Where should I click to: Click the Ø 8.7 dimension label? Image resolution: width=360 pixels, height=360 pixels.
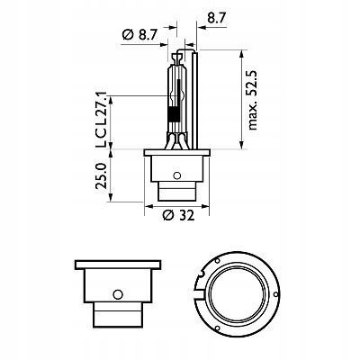pyautogui.click(x=139, y=35)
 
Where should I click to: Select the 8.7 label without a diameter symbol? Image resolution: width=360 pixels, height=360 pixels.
pyautogui.click(x=216, y=18)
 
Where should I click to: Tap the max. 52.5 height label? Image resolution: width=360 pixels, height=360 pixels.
pyautogui.click(x=253, y=100)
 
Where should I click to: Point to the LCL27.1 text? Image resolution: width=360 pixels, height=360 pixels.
pyautogui.click(x=101, y=121)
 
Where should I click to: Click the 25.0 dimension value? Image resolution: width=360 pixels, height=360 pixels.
pyautogui.click(x=101, y=175)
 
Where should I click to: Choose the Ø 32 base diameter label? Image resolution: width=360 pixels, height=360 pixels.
pyautogui.click(x=178, y=215)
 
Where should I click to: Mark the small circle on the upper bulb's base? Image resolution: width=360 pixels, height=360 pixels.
pyautogui.click(x=177, y=175)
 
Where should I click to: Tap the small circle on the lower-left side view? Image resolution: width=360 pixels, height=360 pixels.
pyautogui.click(x=118, y=294)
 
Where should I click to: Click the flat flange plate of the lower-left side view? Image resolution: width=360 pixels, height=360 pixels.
pyautogui.click(x=118, y=265)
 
